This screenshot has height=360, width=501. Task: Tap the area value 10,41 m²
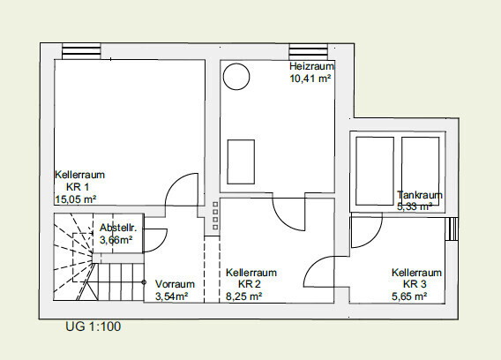[x=310, y=79]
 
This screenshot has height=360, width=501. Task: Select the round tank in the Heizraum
[x=236, y=77]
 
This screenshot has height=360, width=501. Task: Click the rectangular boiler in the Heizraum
[x=242, y=160]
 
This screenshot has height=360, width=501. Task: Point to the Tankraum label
[x=420, y=195]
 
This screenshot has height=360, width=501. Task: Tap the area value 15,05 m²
[x=76, y=199]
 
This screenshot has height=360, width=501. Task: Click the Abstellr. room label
[x=115, y=228]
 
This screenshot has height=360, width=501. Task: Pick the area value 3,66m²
[x=116, y=239]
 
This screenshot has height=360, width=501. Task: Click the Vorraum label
[x=174, y=284]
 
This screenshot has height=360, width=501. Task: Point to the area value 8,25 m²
[x=244, y=296]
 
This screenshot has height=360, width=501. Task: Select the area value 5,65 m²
[x=409, y=296]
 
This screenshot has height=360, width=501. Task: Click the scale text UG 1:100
[x=93, y=326]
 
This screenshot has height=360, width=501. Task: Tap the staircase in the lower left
[x=88, y=261]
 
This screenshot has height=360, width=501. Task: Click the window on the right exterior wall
[x=452, y=229]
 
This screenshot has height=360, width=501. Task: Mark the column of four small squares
[x=214, y=217]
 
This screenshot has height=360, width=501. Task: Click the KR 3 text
[x=415, y=285]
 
